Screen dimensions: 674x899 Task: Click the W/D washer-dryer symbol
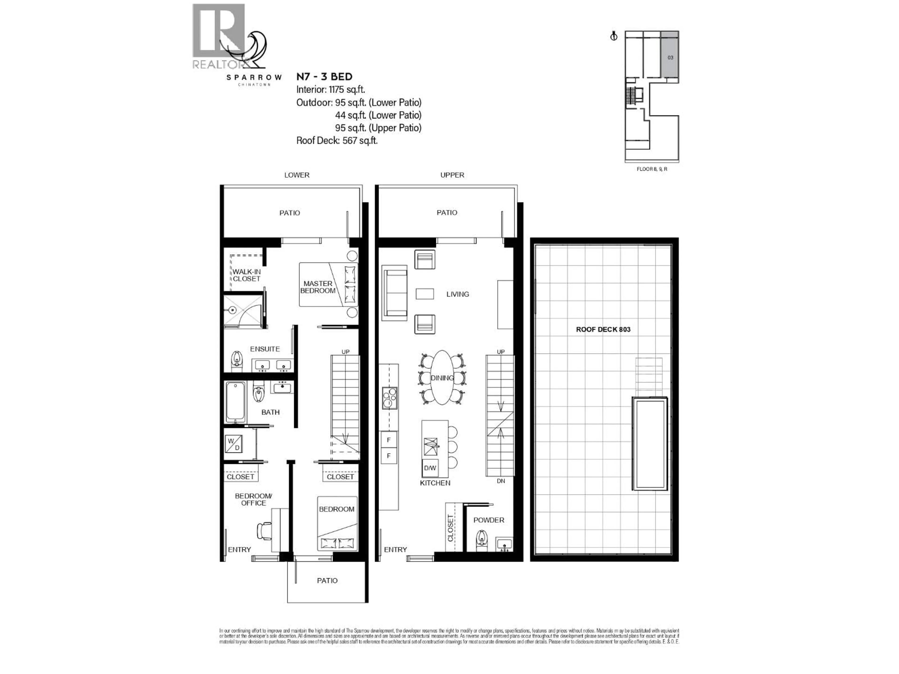tap(234, 444)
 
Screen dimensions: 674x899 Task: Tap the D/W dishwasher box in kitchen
tap(430, 468)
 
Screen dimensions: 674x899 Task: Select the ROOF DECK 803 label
tap(603, 330)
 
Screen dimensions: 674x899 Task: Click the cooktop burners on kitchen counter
tap(389, 398)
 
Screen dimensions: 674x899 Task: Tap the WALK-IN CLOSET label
tap(246, 275)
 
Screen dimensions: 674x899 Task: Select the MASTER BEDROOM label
tap(318, 287)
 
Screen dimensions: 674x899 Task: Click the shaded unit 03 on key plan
tap(670, 57)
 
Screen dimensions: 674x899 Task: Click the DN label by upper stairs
tap(501, 481)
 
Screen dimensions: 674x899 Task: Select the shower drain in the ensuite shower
tap(232, 310)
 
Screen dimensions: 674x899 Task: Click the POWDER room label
tap(489, 520)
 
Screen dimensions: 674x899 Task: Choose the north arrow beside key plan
tap(614, 36)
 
